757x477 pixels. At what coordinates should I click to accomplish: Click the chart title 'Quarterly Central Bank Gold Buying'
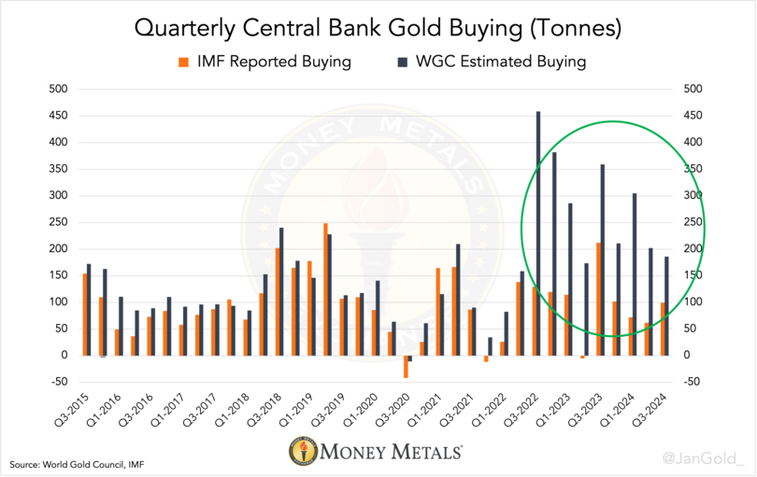tap(377, 28)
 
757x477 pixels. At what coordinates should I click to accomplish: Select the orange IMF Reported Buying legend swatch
tap(183, 63)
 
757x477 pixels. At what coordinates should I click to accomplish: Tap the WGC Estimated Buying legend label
tap(500, 63)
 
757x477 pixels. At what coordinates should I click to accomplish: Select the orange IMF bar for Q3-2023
tap(598, 299)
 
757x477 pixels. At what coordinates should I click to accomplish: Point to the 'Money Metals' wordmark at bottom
tap(393, 453)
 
